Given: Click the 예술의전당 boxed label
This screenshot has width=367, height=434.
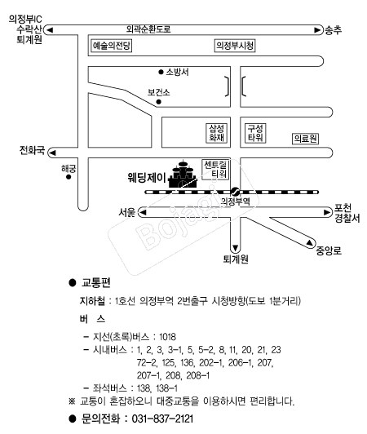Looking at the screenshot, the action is click(x=111, y=46).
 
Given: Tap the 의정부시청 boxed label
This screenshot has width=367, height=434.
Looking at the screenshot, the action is click(x=235, y=46).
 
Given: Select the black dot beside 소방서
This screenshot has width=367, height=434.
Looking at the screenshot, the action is click(x=161, y=73).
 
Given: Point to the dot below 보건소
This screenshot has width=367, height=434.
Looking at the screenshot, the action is click(x=158, y=102).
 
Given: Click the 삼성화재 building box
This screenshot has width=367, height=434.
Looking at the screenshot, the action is click(x=216, y=133).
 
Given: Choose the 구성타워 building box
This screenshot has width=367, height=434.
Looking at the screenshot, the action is click(x=255, y=133).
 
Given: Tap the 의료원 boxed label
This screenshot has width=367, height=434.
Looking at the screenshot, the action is click(x=305, y=139).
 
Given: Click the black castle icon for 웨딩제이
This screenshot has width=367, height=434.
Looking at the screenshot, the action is click(x=183, y=175).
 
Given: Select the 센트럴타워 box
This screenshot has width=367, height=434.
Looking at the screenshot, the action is click(x=215, y=170).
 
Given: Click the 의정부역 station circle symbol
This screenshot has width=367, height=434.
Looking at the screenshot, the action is click(x=235, y=191).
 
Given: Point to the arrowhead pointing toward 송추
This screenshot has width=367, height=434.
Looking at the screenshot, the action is click(x=317, y=30).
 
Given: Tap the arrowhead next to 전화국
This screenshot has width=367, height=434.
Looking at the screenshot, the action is click(x=52, y=153).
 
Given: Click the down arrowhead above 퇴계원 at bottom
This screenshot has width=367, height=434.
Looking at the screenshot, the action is click(x=235, y=248).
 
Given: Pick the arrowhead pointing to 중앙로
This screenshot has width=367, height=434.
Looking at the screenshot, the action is click(x=310, y=243).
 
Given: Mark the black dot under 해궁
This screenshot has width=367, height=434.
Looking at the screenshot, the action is click(x=69, y=177).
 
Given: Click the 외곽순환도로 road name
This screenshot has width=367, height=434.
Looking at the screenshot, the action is click(x=148, y=29).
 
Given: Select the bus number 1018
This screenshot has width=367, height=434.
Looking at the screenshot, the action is click(x=167, y=337).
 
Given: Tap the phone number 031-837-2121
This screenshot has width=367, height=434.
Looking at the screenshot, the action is click(x=162, y=418).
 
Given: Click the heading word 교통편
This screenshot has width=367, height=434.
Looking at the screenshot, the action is click(x=96, y=282).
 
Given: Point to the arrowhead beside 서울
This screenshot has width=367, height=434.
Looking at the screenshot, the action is click(x=143, y=213).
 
